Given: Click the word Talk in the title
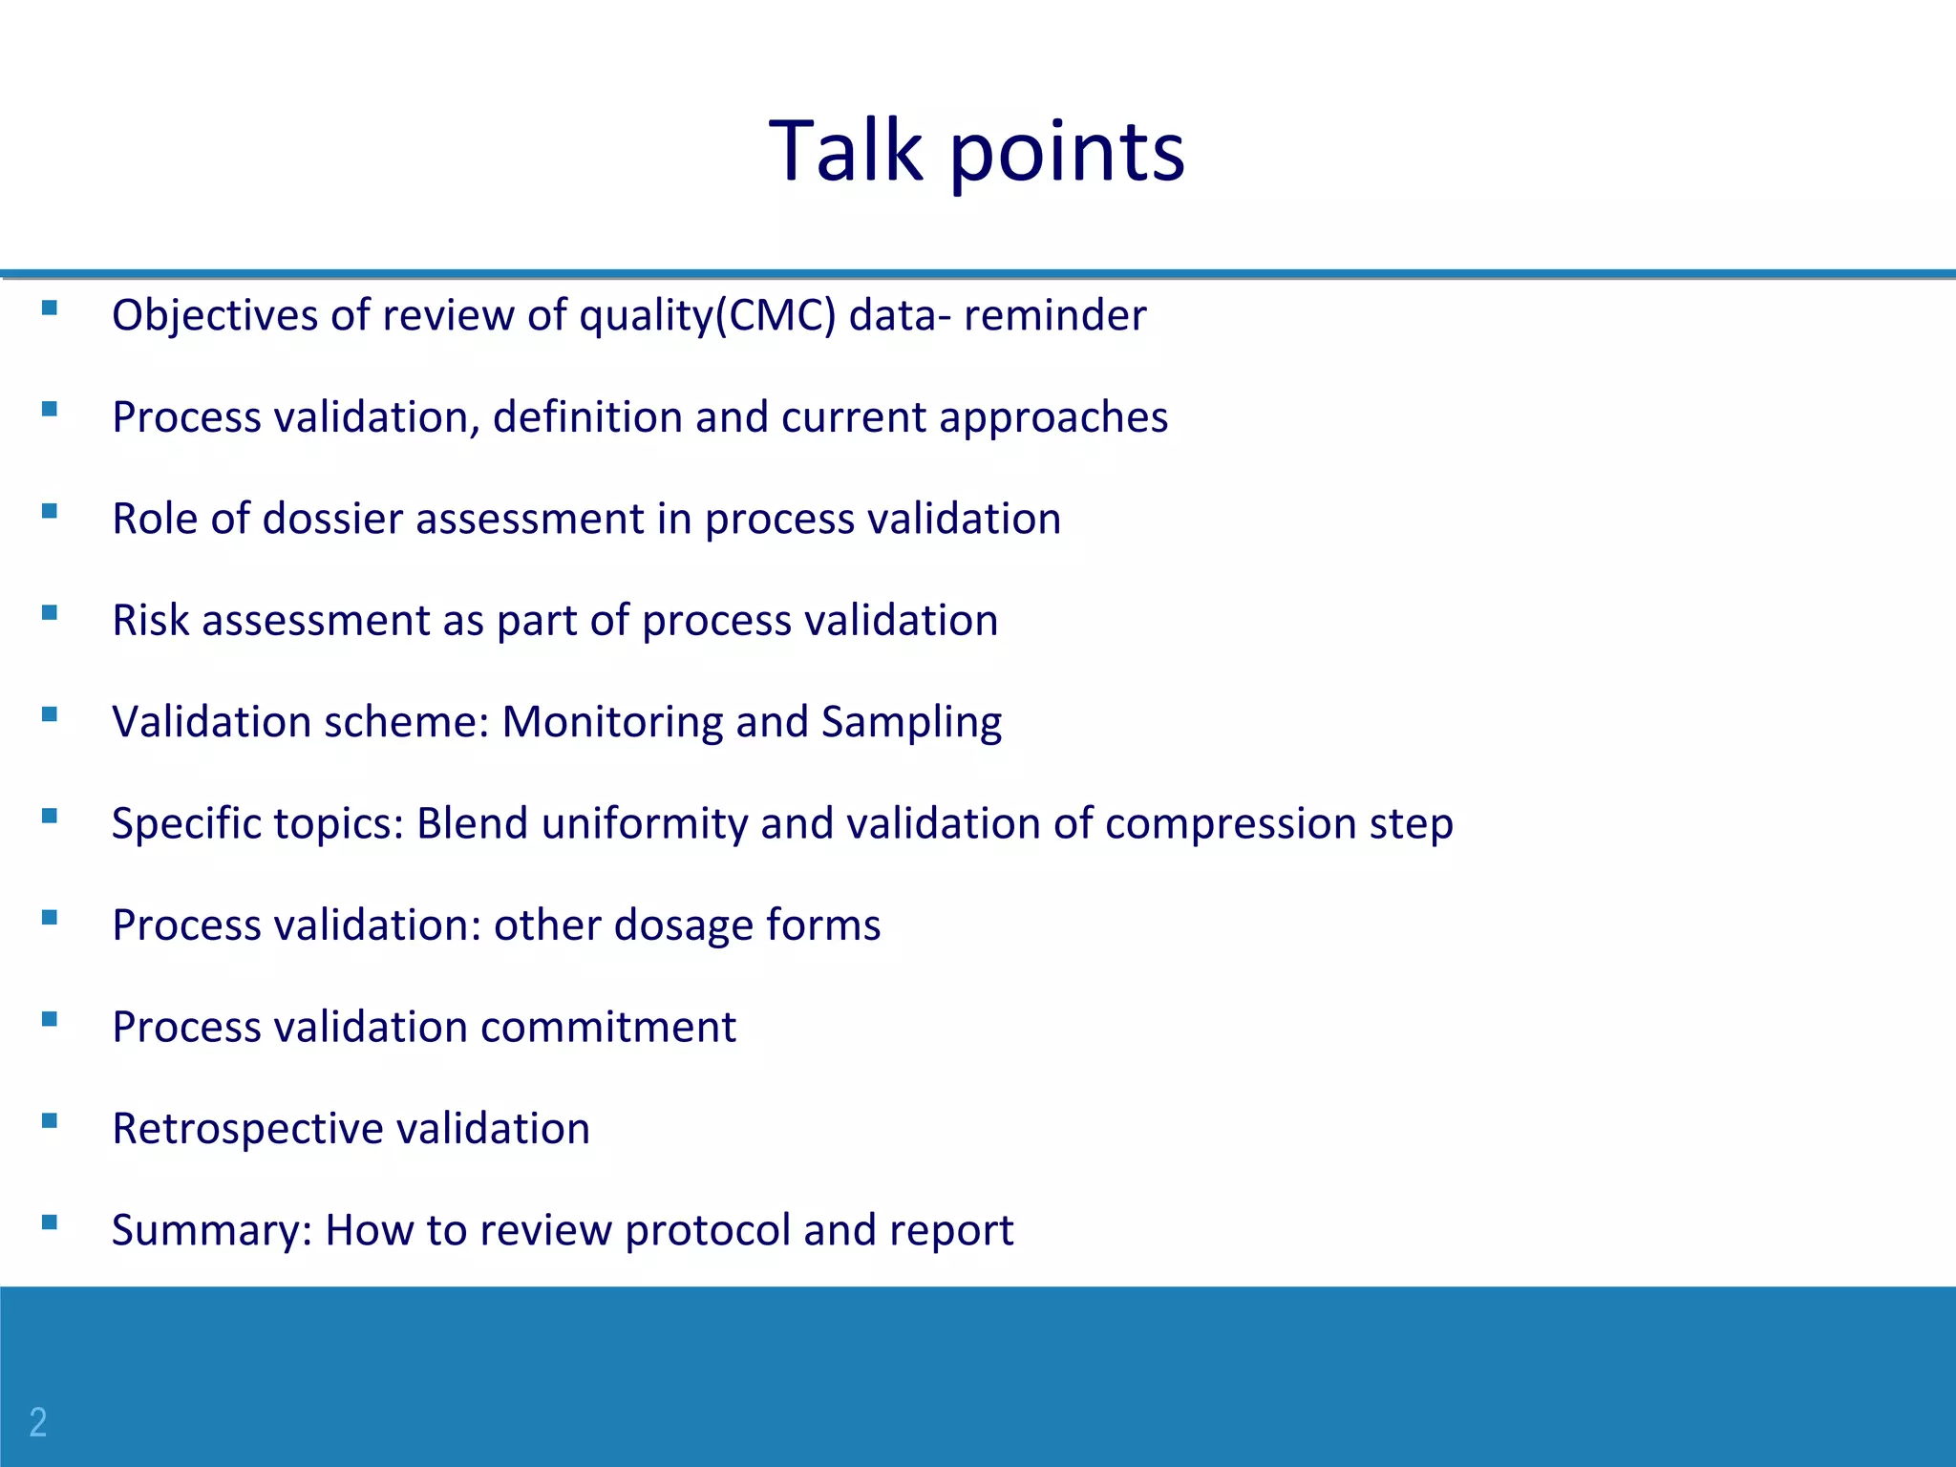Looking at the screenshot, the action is pos(845,150).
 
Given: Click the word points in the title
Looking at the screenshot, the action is pos(1067,153).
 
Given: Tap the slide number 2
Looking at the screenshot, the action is pos(38,1422).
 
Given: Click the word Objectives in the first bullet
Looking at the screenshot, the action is pos(215,315).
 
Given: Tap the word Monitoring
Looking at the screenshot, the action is pos(612,721).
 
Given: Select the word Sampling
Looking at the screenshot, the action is pos(911,722).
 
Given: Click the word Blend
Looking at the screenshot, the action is pos(472,823).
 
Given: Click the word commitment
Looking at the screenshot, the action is pos(608,1027).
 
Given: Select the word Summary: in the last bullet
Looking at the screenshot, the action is pos(212,1230).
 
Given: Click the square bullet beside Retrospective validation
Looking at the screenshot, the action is pos(50,1120).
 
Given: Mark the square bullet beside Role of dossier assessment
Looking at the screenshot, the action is pos(50,511).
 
